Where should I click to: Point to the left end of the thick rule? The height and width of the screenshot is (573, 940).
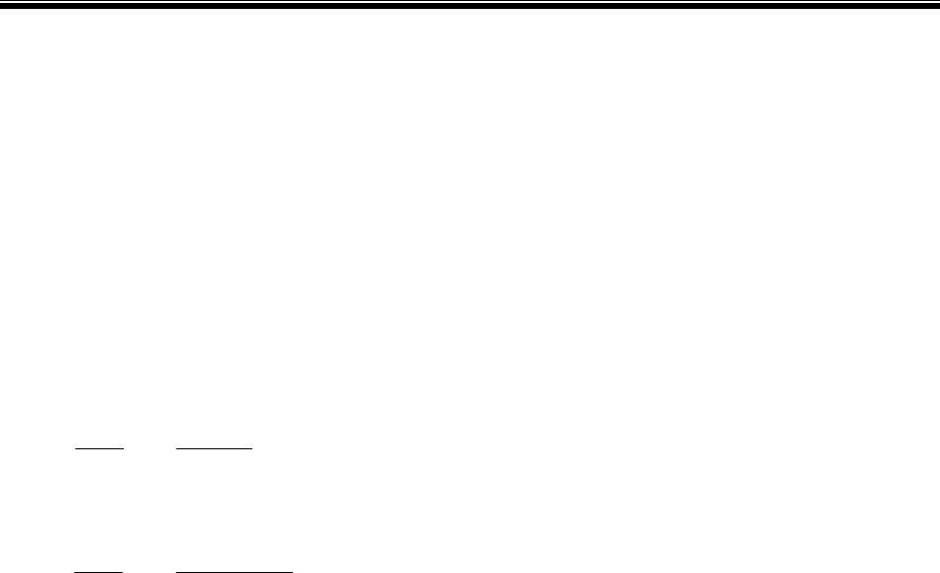click(x=2, y=6)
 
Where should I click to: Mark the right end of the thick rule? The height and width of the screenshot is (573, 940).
click(x=937, y=6)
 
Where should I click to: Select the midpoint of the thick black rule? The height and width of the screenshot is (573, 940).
click(x=470, y=6)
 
